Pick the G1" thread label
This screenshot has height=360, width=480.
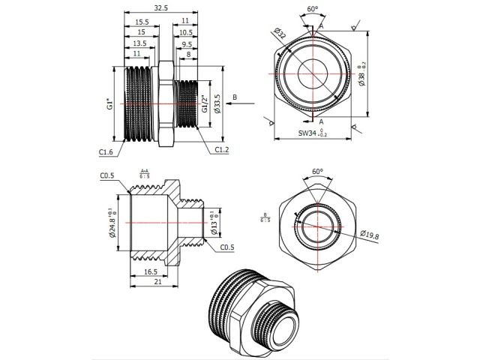(110, 106)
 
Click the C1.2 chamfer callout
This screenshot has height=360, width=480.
(221, 150)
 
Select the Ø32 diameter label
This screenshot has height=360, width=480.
(280, 37)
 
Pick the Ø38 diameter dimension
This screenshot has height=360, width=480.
(361, 75)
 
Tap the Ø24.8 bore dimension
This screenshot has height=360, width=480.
(113, 224)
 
